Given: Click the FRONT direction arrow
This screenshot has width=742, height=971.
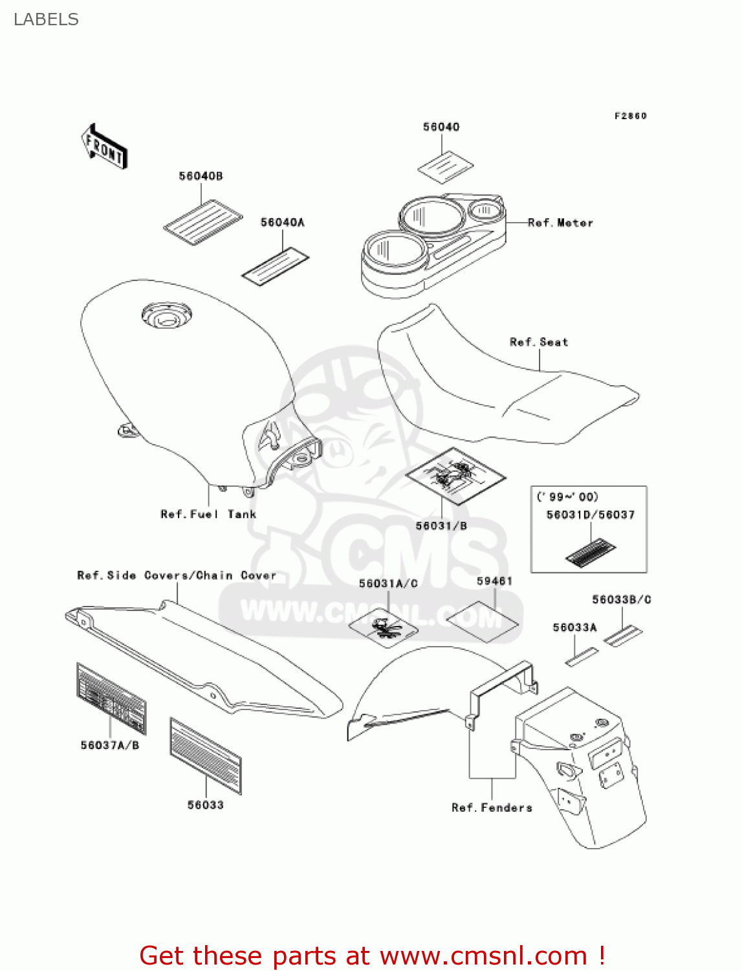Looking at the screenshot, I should coord(105,147).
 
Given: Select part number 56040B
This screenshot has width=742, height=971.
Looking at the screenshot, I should coord(201,176).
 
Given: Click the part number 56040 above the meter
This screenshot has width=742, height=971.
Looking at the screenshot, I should coord(441,127).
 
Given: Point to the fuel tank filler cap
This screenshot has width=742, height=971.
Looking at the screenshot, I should coord(167,316).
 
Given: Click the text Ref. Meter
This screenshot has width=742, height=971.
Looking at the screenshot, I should coord(560,223).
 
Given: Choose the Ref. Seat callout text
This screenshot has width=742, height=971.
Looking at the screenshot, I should coord(539,342).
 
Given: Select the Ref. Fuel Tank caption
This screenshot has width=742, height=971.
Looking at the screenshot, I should coord(208,514).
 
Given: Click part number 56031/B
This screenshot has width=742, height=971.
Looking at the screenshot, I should coord(441,526).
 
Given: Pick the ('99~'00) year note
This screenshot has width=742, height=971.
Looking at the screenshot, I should coord(567,497).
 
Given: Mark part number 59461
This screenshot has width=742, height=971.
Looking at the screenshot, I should coord(494,581).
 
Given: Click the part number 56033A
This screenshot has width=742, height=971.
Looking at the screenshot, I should coord(574,627).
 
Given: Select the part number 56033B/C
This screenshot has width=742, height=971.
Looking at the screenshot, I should coord(621,599).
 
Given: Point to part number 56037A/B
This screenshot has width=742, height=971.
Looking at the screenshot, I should coord(110,745).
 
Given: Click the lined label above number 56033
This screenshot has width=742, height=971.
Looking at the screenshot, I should coord(206,755).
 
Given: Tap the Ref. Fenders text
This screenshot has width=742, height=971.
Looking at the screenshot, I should coord(492,807).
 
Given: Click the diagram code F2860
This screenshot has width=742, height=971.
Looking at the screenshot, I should coord(630,116).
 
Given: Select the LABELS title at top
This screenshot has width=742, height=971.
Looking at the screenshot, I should coord(46,19).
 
